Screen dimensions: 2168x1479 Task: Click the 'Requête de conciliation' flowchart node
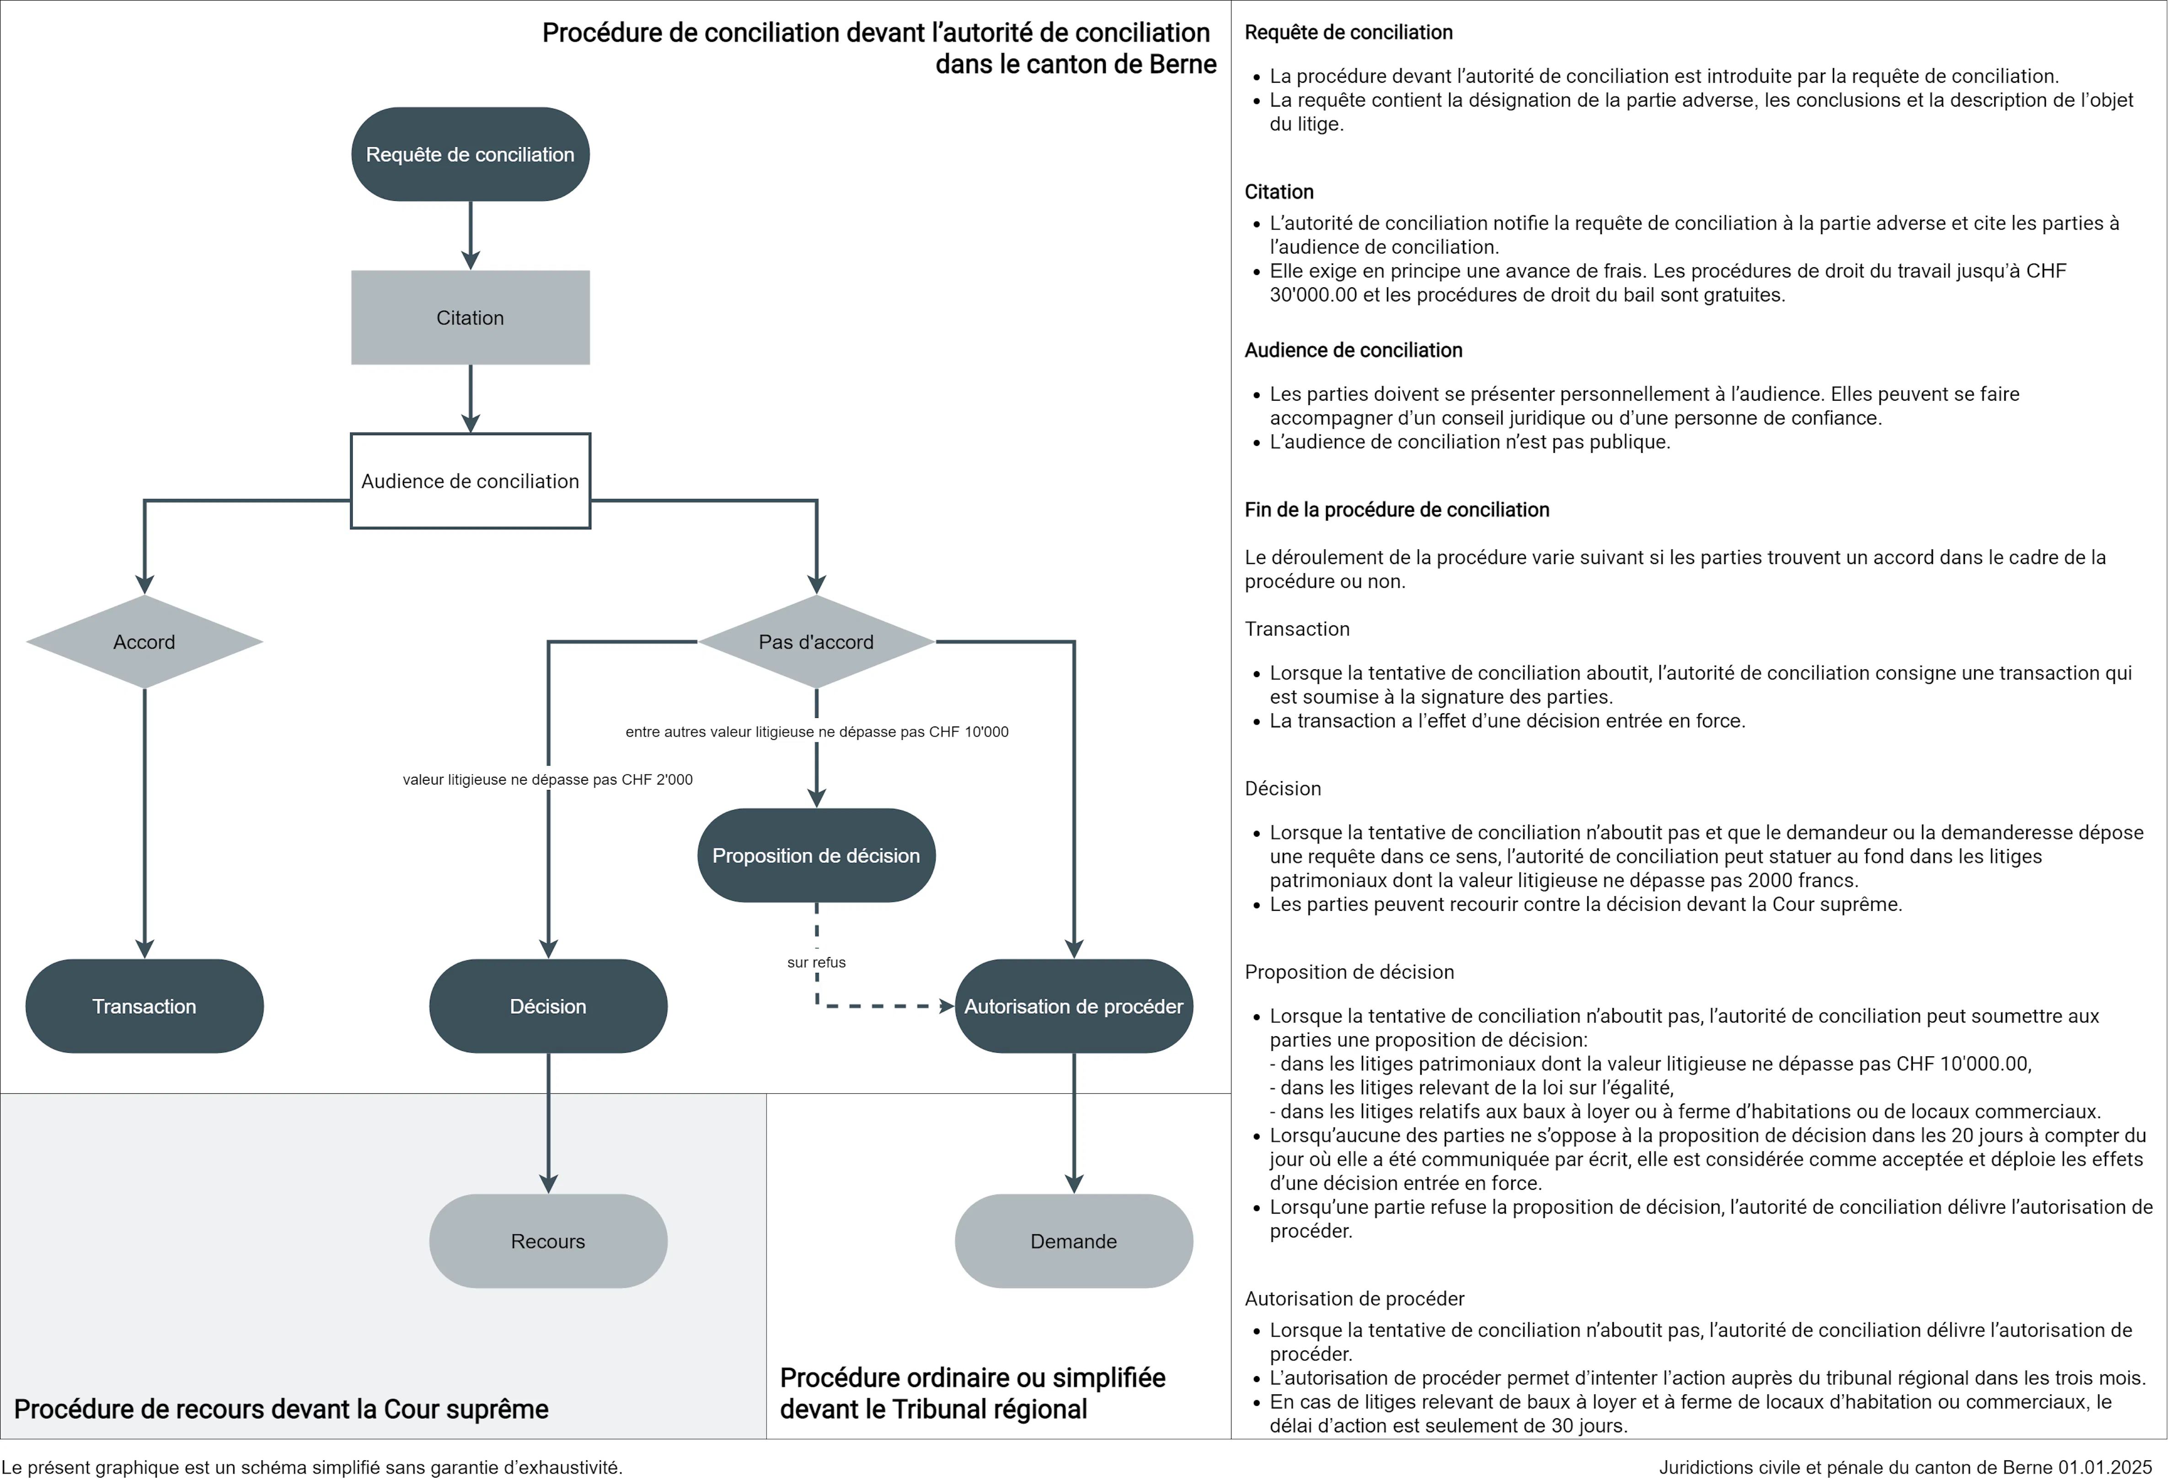(470, 154)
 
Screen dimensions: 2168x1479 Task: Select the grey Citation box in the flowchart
(470, 317)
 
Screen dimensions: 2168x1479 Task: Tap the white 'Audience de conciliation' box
(470, 480)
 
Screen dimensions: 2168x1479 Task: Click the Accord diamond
(145, 642)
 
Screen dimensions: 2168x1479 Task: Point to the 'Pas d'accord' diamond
(816, 642)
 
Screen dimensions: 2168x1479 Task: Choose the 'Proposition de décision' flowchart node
(816, 855)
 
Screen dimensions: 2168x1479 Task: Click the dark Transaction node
(145, 1006)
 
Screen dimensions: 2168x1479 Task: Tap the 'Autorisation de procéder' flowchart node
(1074, 1006)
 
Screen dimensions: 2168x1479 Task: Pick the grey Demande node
(1074, 1241)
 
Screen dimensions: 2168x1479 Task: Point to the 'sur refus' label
(816, 962)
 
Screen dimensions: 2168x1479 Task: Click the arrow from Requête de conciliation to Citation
(470, 235)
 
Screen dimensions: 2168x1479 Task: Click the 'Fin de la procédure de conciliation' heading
(1397, 510)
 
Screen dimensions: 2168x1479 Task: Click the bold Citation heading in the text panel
(1279, 191)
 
